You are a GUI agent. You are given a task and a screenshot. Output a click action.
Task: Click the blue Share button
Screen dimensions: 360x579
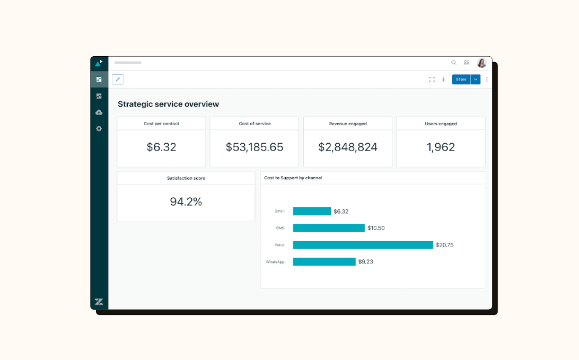[461, 80]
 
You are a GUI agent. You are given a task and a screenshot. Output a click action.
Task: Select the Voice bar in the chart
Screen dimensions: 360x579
[363, 245]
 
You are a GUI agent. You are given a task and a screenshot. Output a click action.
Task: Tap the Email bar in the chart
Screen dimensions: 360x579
[312, 211]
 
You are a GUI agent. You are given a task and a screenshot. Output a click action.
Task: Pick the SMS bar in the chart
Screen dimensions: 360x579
[329, 228]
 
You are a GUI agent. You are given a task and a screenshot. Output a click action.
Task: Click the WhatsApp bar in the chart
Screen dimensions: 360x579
[324, 261]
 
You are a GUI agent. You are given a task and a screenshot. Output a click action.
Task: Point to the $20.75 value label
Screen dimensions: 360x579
[444, 245]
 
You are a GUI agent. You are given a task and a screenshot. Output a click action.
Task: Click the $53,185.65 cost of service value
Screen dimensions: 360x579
[255, 147]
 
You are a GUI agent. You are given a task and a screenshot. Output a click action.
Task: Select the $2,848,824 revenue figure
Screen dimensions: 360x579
[348, 147]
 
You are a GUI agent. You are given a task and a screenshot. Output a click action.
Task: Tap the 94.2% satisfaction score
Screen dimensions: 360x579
[186, 202]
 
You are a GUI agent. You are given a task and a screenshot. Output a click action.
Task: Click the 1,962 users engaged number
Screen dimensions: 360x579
[441, 147]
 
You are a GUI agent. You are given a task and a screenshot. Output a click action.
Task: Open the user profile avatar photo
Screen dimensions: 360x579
[481, 63]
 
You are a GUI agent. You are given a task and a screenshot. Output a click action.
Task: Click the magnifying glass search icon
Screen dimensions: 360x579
[454, 63]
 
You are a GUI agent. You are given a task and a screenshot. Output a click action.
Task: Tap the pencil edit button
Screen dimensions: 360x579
[118, 80]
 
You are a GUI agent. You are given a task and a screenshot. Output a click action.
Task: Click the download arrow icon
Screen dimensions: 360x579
[443, 80]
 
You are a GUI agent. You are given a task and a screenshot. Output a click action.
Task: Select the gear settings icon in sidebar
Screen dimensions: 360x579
[99, 129]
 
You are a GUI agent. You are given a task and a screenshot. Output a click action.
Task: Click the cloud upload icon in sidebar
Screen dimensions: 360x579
[99, 112]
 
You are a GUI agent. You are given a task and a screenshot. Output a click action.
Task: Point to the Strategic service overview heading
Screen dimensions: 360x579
[168, 104]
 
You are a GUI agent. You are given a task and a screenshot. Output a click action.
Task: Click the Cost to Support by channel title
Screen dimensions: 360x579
[293, 178]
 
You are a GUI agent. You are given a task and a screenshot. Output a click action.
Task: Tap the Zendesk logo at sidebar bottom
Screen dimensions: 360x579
[99, 302]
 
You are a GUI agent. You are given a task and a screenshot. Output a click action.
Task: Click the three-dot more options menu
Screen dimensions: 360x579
[487, 80]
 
